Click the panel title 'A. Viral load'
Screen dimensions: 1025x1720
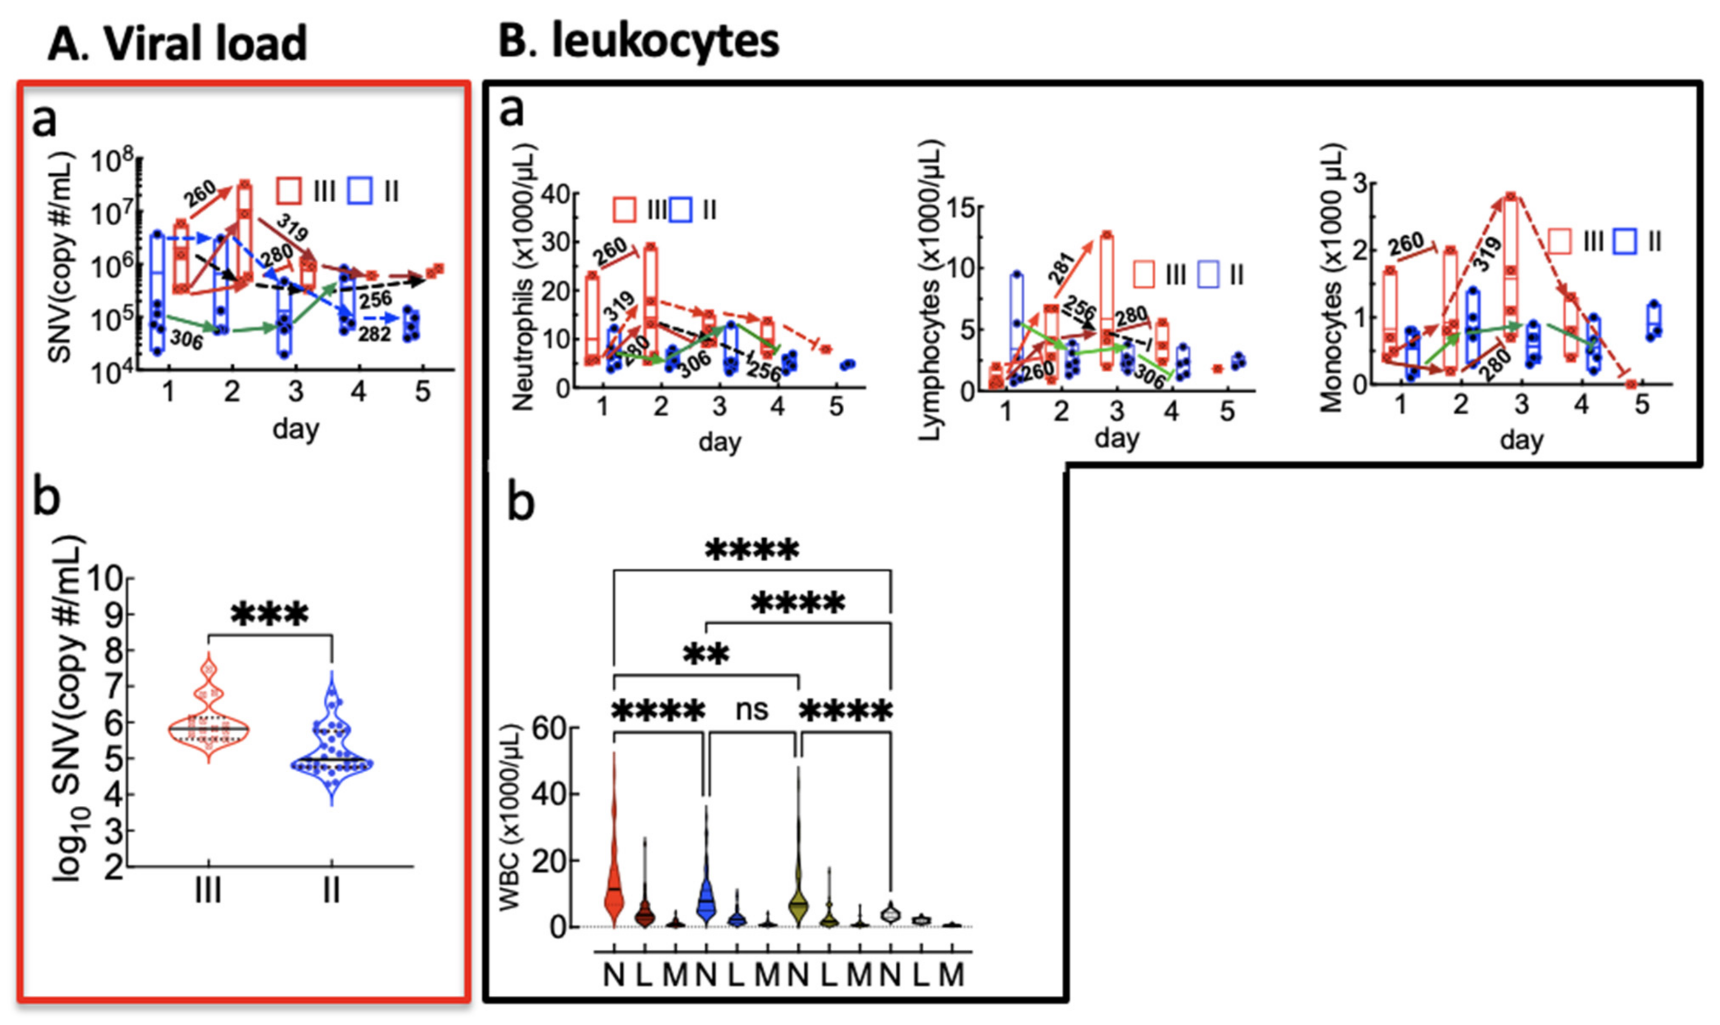pos(178,43)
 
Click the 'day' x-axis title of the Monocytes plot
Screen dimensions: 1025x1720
pos(1521,440)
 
